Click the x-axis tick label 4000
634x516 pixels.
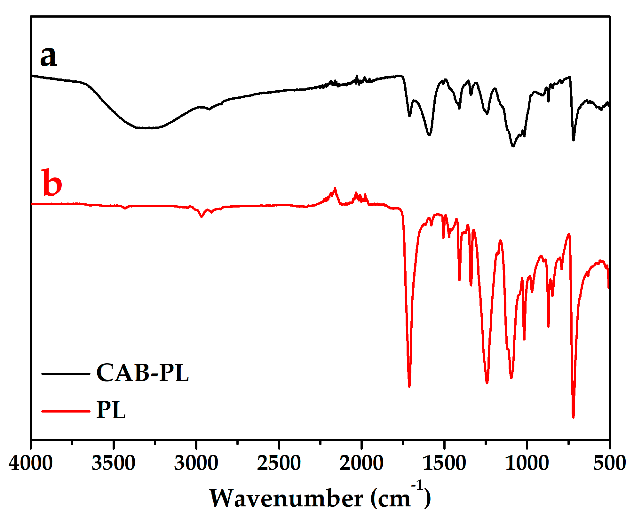[31, 463]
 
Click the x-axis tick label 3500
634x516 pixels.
[113, 463]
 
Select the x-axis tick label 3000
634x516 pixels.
[196, 463]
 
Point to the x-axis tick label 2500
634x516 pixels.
[279, 463]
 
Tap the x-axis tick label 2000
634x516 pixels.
[361, 463]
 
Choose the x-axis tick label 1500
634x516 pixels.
[444, 463]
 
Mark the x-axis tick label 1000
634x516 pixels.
[527, 463]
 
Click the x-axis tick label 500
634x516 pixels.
[609, 463]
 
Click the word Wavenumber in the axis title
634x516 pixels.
[286, 499]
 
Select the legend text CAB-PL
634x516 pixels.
[142, 373]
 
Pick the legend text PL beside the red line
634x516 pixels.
[111, 410]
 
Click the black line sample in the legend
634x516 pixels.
[66, 374]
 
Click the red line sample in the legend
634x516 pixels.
[66, 411]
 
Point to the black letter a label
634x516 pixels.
[49, 56]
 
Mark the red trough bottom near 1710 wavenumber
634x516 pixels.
[409, 386]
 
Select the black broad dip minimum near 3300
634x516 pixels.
[146, 128]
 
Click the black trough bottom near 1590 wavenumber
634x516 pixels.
[429, 135]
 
